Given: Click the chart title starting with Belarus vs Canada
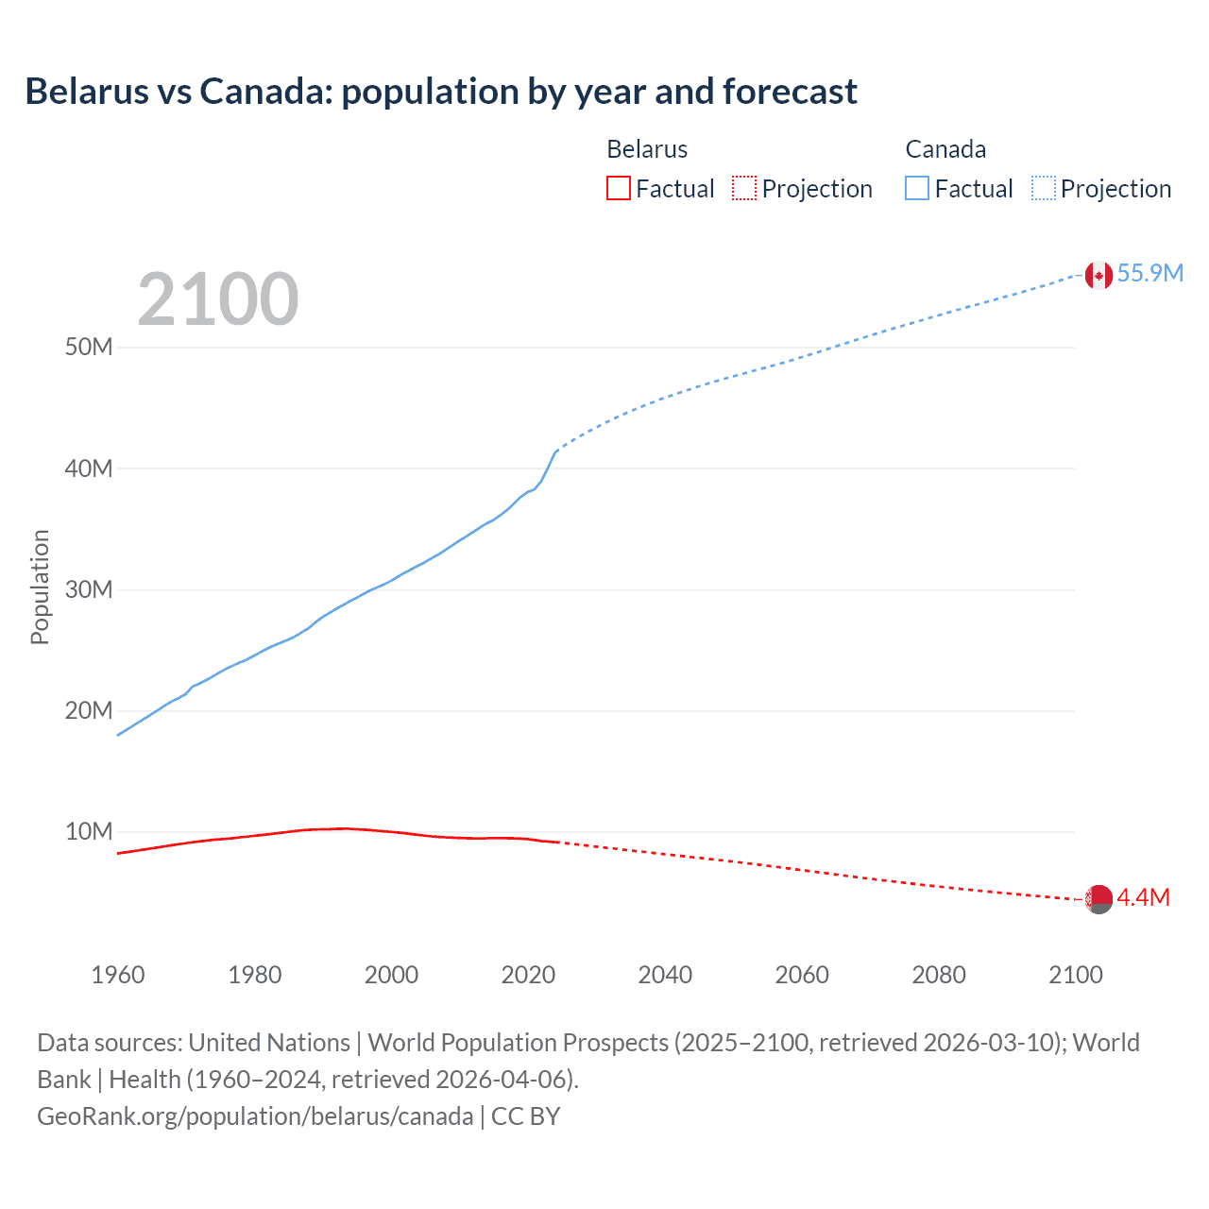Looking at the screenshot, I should [x=441, y=92].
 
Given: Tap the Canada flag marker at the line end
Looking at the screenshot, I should [x=1098, y=275].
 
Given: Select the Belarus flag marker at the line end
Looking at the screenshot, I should [x=1098, y=899].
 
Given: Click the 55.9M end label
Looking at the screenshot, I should [x=1149, y=274].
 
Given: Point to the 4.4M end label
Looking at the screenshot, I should [x=1143, y=898].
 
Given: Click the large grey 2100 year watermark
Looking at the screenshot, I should [x=218, y=299].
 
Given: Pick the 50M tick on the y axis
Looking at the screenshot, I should [x=89, y=347].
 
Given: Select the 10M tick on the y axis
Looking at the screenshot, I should [x=89, y=832].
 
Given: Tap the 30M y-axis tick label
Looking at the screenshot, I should [x=89, y=589].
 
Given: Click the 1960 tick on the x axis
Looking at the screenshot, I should [x=118, y=975].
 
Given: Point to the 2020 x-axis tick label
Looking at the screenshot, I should [x=528, y=975].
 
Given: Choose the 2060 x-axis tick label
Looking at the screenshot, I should [x=802, y=975].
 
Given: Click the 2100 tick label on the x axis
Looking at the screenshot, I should [x=1075, y=975].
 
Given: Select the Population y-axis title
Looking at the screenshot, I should [x=40, y=587].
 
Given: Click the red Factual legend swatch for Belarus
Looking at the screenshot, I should [x=619, y=188].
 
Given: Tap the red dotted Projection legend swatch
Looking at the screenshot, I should [x=744, y=188].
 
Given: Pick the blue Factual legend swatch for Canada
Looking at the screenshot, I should [x=917, y=188].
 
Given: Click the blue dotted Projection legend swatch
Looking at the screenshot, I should [x=1043, y=188].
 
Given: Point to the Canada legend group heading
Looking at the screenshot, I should [x=945, y=149].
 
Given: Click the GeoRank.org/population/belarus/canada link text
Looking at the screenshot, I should [x=255, y=1116].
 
